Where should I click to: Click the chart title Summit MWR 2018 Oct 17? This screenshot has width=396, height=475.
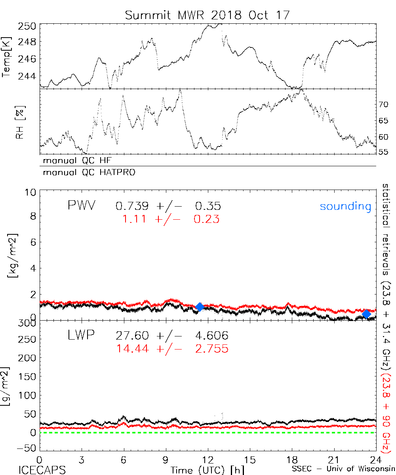click(208, 15)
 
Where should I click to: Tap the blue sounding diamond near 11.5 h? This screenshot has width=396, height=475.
click(200, 307)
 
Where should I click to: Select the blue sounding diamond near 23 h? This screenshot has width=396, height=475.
click(367, 314)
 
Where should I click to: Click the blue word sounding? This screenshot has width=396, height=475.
click(345, 206)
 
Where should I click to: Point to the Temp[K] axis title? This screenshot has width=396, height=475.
click(7, 57)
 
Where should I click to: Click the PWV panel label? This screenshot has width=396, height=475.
click(82, 205)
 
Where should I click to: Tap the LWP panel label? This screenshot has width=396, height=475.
click(81, 336)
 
